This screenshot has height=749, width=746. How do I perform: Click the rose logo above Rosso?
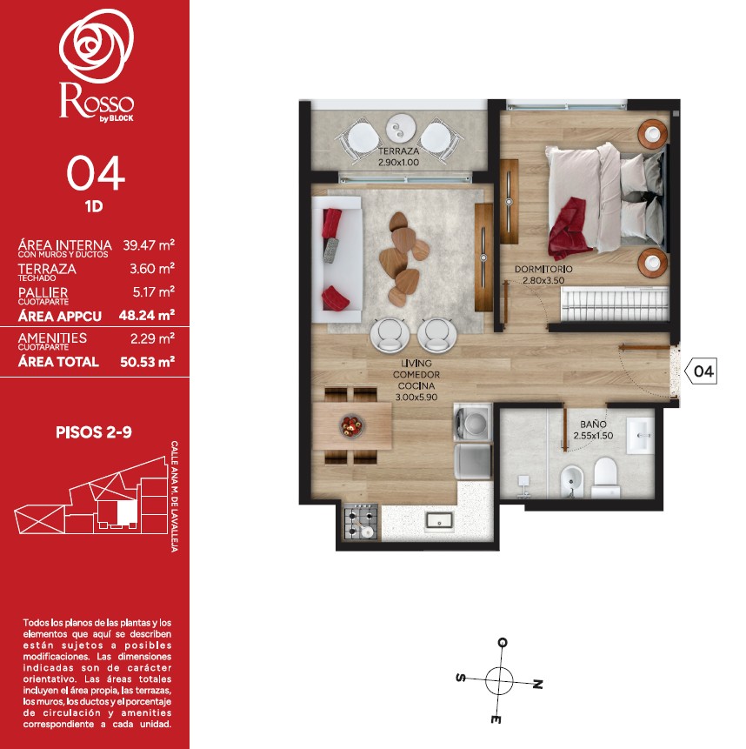pos(97,45)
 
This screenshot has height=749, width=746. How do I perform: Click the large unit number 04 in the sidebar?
pos(96,174)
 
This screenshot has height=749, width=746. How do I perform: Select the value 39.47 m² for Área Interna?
pos(149,245)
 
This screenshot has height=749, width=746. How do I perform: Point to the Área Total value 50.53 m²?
pos(148,362)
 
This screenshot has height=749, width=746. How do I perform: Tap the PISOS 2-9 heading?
pos(94,432)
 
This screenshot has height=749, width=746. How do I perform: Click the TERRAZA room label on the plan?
pos(398,151)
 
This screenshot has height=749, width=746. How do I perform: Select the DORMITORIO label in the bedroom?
pos(543,270)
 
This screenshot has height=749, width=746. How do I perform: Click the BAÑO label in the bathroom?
pos(593,425)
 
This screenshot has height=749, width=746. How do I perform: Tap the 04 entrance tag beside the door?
pos(701,371)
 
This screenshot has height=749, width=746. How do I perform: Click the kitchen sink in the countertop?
pos(439,520)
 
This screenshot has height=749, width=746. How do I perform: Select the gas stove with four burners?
pos(361,522)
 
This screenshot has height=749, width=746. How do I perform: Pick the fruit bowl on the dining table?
pos(352,425)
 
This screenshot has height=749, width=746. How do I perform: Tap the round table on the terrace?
pos(402,128)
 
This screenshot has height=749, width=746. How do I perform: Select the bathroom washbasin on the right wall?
pos(640,436)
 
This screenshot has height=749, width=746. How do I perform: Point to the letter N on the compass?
pos(537,684)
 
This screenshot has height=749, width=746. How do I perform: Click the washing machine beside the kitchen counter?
pos(472,420)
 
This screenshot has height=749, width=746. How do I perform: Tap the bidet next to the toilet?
pos(569,481)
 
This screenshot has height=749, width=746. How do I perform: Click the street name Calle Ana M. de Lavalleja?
pos(175,497)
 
